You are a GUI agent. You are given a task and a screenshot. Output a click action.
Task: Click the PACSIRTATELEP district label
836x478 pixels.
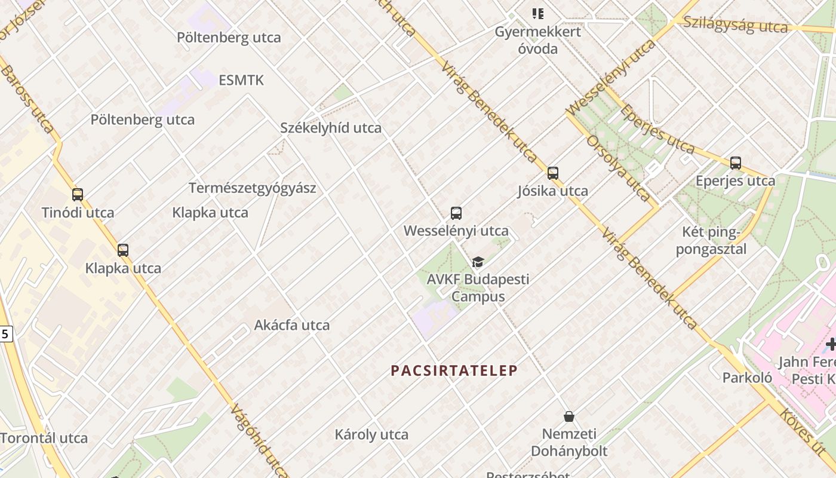pos(454,370)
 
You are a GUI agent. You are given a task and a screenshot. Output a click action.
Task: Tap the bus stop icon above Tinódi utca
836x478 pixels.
pos(78,194)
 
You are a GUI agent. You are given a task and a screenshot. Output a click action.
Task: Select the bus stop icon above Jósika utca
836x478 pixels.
pos(553,173)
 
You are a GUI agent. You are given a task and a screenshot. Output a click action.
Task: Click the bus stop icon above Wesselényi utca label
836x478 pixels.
pos(456,213)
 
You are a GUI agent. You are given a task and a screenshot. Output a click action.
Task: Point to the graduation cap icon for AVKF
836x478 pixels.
pos(478,262)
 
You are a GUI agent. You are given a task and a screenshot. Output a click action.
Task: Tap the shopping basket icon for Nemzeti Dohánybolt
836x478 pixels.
pos(568,416)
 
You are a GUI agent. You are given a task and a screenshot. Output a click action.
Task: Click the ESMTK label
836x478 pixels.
pos(241,80)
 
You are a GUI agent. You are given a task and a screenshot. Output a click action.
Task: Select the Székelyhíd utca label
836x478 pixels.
pos(331,128)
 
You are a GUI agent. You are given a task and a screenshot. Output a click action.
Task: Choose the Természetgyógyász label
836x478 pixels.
pos(253,188)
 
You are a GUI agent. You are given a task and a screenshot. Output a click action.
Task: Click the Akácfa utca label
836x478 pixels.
pos(292,325)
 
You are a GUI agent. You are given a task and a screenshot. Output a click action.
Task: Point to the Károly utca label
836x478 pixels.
pos(371,434)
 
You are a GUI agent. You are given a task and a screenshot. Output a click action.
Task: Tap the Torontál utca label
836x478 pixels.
pos(44,438)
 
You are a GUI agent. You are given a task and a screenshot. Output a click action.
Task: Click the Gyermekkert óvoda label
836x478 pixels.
pos(537,40)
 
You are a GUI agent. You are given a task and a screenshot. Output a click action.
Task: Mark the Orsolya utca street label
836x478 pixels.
pos(617,167)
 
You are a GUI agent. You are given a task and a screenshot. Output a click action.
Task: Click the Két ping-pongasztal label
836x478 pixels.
pos(711,240)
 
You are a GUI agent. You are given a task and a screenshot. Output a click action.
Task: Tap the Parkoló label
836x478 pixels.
pos(747,378)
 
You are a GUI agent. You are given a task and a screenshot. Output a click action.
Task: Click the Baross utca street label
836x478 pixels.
pos(27,99)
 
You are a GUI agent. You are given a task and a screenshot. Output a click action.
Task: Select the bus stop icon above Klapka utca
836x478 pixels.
pos(123,250)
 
